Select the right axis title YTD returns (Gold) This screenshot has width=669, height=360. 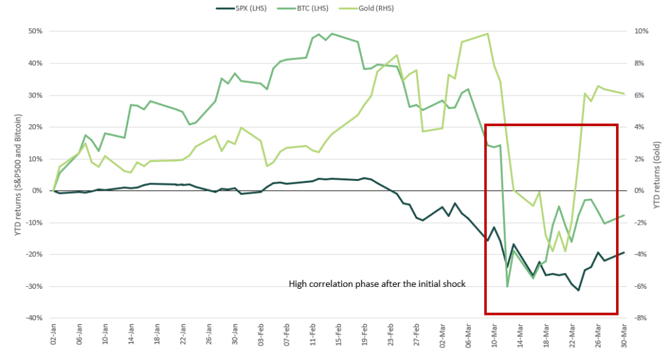(x=657, y=174)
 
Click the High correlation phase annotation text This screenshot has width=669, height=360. (x=377, y=284)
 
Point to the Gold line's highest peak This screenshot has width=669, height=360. (x=488, y=34)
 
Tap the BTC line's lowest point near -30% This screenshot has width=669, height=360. (x=507, y=286)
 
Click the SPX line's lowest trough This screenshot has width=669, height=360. (x=578, y=290)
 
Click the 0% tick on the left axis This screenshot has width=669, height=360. (x=37, y=191)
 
